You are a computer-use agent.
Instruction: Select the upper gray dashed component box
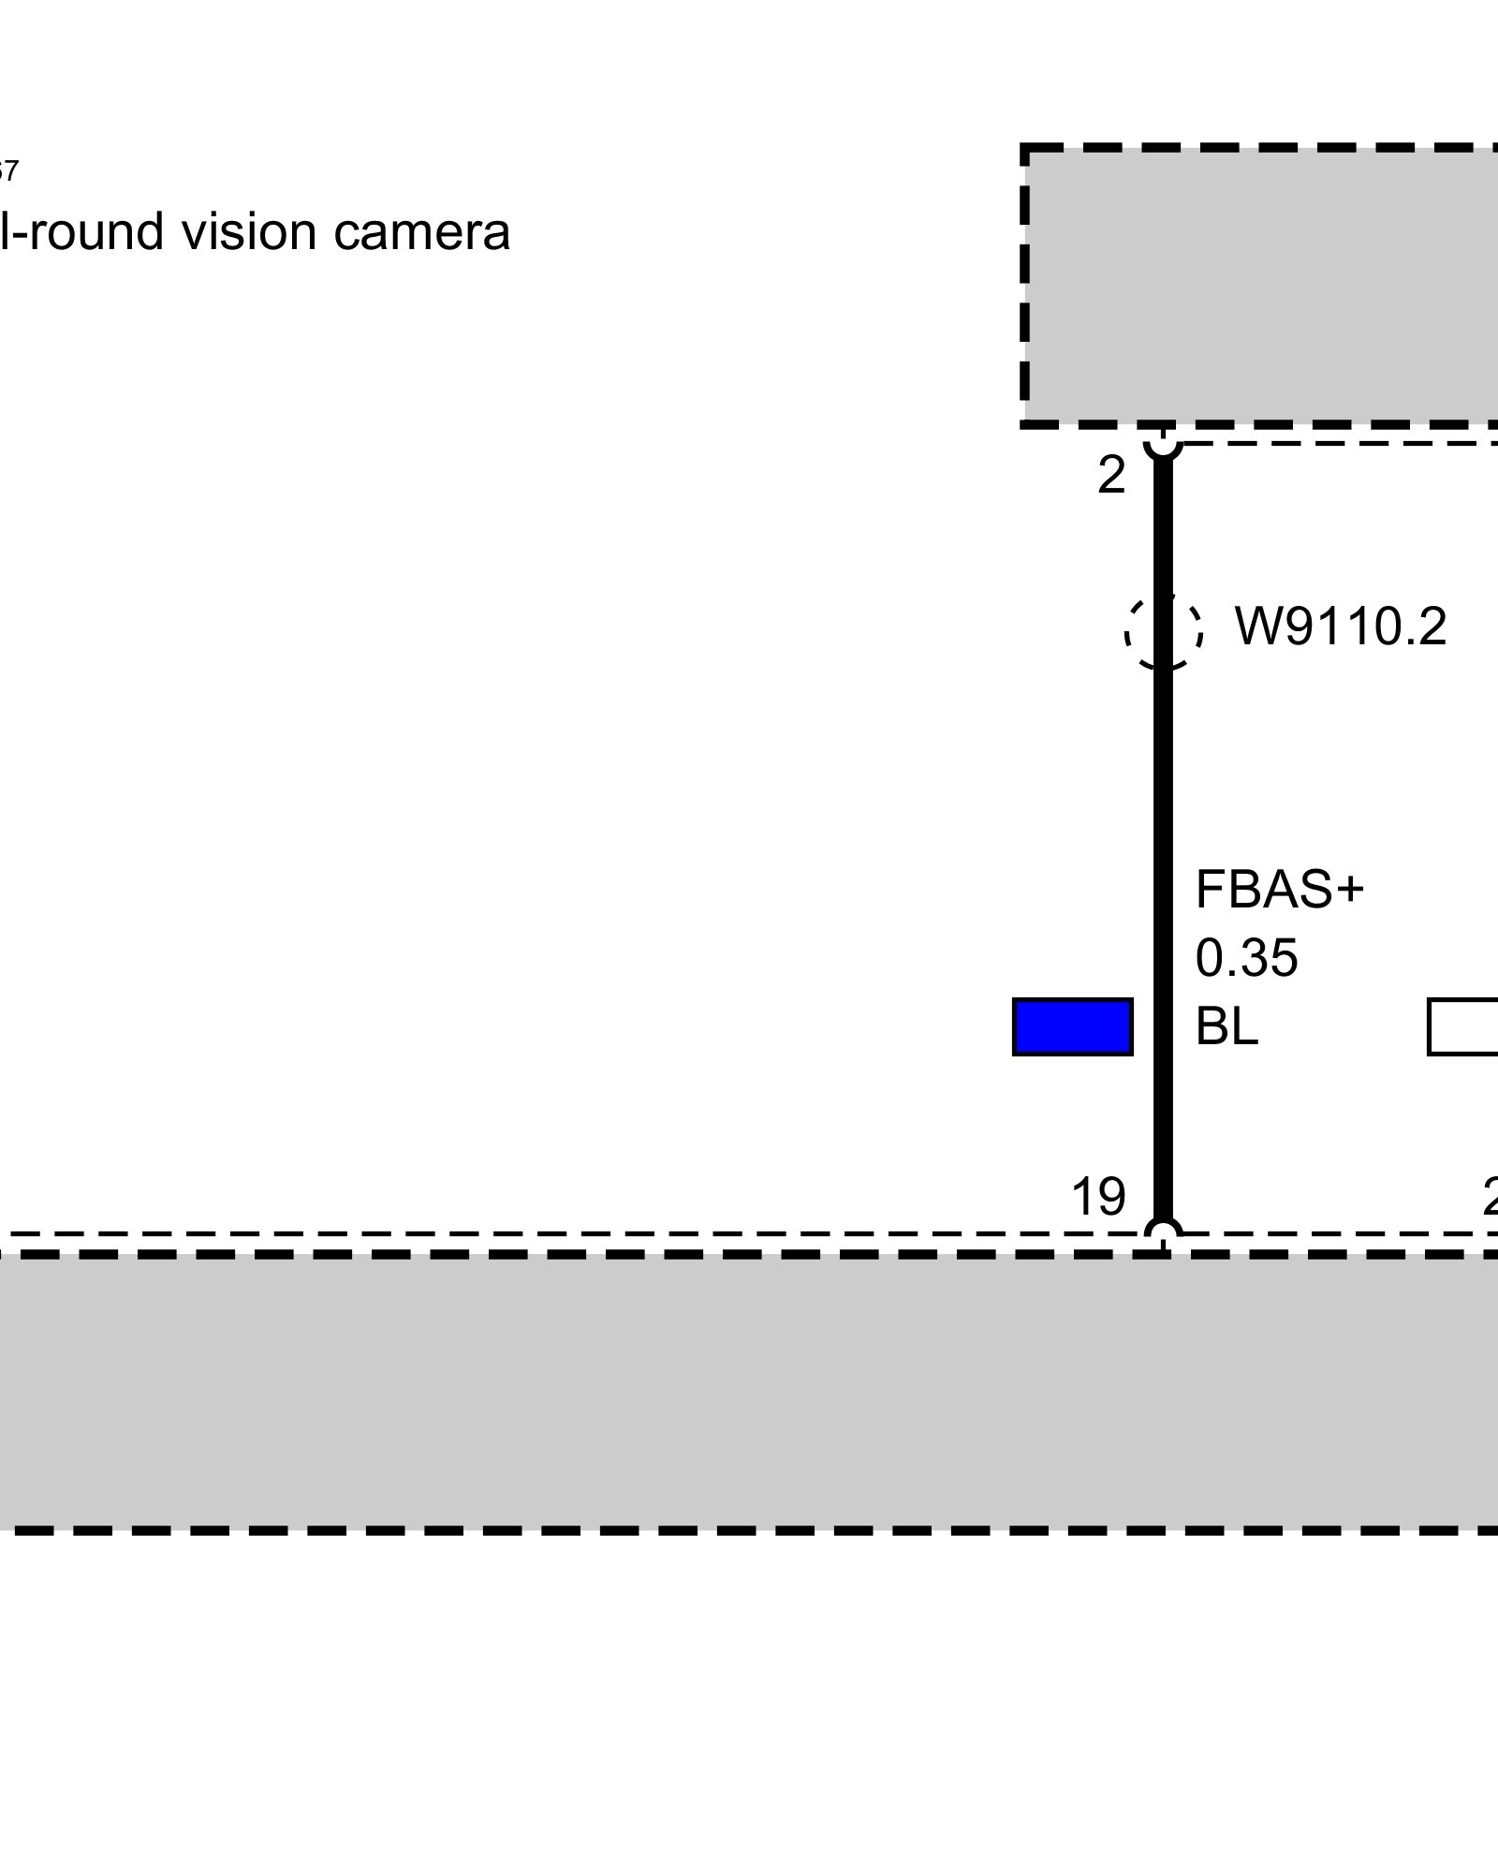pos(1260,286)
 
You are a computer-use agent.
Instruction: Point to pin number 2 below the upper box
pos(1110,477)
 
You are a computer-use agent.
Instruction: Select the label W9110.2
pos(1341,627)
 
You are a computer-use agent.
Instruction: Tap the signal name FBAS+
pos(1279,890)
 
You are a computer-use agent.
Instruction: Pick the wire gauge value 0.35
pos(1246,958)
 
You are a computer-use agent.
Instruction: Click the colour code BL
pos(1226,1026)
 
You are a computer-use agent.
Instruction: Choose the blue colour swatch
pos(1072,1027)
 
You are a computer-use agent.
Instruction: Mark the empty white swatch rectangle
pos(1462,1027)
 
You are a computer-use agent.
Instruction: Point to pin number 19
pos(1097,1197)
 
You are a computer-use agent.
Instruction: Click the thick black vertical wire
pos(1163,796)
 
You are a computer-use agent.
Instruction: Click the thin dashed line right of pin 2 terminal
pos(1339,443)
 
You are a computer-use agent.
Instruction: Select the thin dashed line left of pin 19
pos(562,1233)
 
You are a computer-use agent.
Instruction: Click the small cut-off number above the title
pos(7,171)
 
